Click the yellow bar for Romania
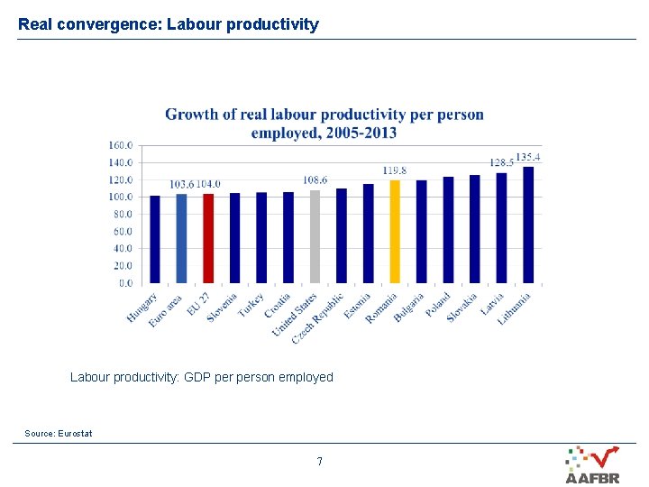[395, 232]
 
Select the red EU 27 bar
[208, 238]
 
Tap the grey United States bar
[315, 236]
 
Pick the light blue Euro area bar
[181, 238]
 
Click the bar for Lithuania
[528, 225]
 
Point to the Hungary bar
[155, 239]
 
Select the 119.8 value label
[395, 170]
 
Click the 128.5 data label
[500, 162]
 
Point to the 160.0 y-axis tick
[121, 145]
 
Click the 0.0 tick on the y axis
[125, 283]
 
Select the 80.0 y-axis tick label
[123, 215]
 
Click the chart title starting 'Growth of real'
[324, 124]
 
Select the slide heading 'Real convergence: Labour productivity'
[169, 24]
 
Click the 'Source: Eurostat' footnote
[59, 434]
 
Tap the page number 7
[319, 462]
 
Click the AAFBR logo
[592, 465]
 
